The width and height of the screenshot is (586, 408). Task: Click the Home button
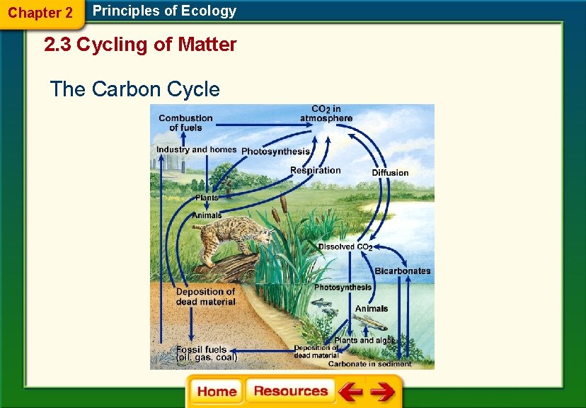click(x=217, y=391)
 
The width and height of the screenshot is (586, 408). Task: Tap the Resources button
click(x=290, y=391)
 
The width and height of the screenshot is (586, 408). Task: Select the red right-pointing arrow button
click(x=383, y=392)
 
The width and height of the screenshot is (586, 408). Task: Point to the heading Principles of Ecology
click(x=164, y=11)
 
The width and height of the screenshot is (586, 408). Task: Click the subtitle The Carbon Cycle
click(x=134, y=89)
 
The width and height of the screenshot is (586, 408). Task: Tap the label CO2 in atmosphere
click(x=326, y=114)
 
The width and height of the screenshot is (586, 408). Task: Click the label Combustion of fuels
click(x=185, y=123)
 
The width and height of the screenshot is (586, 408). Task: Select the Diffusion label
click(x=390, y=173)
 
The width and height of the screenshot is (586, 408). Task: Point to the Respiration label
click(x=315, y=170)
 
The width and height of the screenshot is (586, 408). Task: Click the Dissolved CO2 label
click(x=345, y=246)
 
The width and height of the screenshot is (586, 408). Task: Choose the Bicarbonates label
click(x=402, y=271)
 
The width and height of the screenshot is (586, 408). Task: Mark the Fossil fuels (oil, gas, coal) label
click(x=206, y=353)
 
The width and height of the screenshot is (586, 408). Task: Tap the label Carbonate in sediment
click(x=369, y=364)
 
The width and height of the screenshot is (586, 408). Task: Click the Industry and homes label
click(x=196, y=149)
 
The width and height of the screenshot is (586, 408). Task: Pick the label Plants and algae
click(x=364, y=341)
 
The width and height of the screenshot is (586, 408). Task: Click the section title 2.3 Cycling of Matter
click(x=140, y=45)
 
